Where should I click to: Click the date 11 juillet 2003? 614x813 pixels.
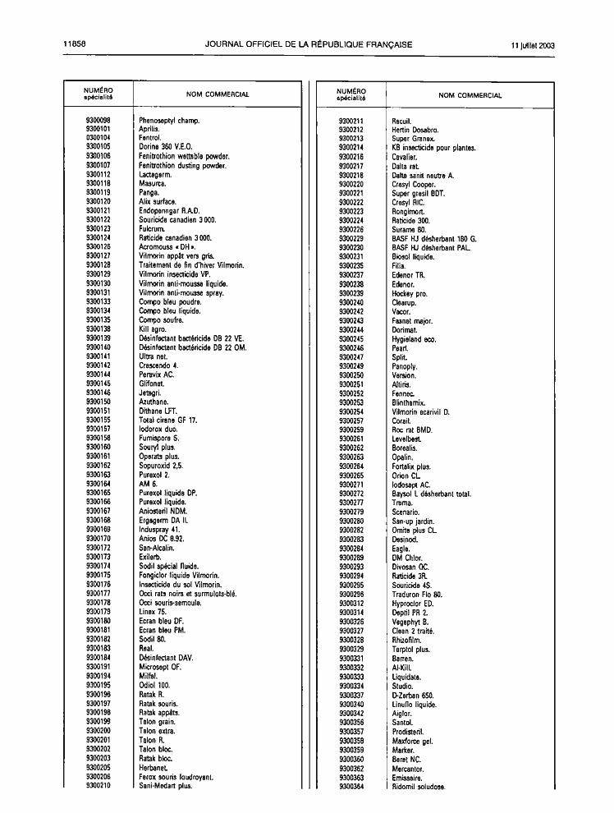(x=531, y=44)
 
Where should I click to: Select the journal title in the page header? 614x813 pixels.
(x=309, y=44)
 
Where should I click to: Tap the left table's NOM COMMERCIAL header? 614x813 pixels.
(x=218, y=94)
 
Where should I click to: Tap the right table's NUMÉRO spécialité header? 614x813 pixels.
(x=351, y=94)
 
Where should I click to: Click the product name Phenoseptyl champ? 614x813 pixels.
(x=169, y=121)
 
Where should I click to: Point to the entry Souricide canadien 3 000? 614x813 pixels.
(x=177, y=219)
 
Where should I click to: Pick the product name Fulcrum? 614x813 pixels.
(x=153, y=228)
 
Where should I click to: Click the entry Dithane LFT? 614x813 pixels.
(x=159, y=411)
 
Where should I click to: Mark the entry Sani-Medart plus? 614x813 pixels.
(x=165, y=786)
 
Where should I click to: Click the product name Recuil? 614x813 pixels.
(x=401, y=121)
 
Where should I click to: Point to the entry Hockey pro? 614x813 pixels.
(x=410, y=293)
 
